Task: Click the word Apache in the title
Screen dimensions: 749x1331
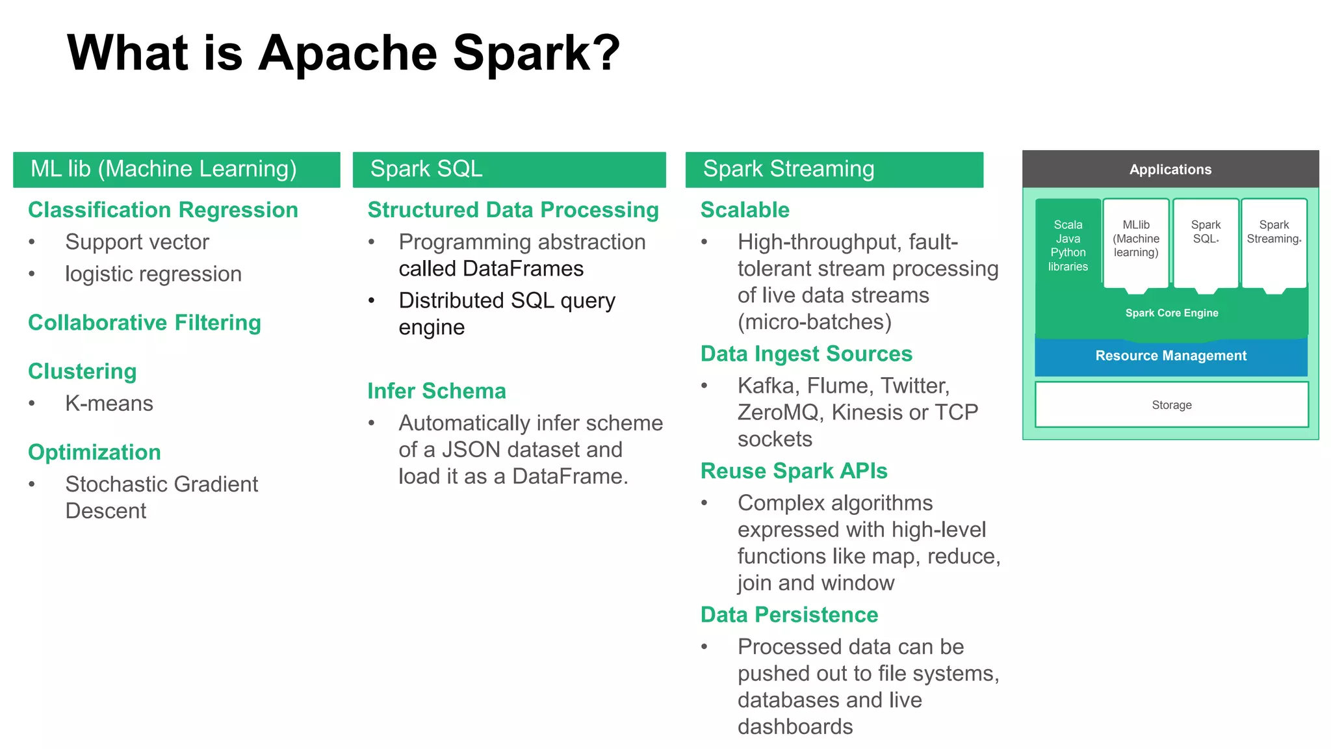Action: point(348,53)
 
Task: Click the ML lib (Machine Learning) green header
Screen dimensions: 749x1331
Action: point(176,170)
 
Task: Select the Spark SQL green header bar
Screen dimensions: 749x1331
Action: point(509,170)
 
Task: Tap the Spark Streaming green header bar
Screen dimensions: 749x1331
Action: point(834,170)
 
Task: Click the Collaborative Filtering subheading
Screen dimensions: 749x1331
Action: point(144,323)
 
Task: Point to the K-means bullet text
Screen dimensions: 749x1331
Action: point(109,404)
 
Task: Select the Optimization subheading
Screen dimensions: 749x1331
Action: point(94,453)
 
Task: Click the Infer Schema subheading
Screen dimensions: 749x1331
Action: point(436,391)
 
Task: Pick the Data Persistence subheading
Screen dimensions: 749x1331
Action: point(789,615)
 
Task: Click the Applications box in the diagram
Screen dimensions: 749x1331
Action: point(1170,170)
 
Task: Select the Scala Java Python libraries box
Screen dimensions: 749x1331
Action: point(1068,246)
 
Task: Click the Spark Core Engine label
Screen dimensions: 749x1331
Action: point(1171,313)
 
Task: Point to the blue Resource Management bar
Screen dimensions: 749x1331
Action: point(1170,356)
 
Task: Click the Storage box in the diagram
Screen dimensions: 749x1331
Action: point(1171,405)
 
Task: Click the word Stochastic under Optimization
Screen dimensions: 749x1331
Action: point(116,485)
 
